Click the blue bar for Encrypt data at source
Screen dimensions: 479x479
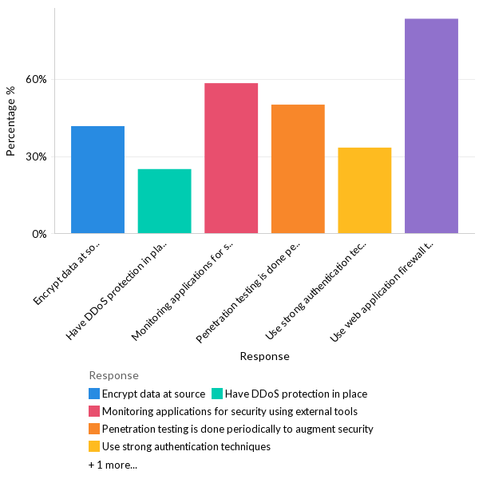(97, 180)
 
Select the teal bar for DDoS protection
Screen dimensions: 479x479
(164, 201)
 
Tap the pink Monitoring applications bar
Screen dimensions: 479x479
(231, 158)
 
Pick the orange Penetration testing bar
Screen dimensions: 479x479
(298, 168)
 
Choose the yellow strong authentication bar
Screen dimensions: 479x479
(365, 190)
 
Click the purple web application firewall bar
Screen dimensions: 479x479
(431, 126)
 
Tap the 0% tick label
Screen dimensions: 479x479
(39, 234)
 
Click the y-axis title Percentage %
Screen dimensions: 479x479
(11, 121)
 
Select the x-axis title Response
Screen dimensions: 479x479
(264, 356)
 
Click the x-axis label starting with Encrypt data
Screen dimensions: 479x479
(70, 273)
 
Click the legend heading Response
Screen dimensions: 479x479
(113, 375)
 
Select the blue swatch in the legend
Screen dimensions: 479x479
(94, 394)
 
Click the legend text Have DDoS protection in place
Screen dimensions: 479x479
(295, 394)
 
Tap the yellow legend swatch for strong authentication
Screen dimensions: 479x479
(94, 446)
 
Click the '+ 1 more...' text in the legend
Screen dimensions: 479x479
(113, 464)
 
